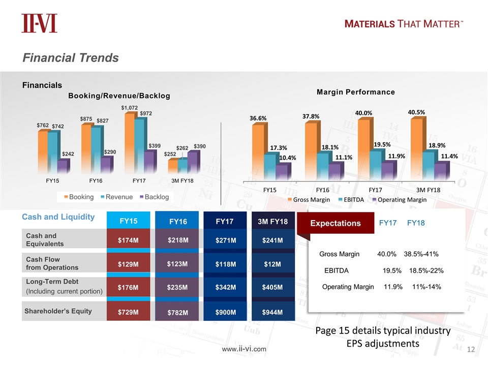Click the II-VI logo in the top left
39,23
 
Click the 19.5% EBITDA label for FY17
382,144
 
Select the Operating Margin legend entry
399,200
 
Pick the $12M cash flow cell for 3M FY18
272,264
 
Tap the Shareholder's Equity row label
59,311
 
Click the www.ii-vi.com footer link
243,349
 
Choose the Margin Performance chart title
356,92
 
